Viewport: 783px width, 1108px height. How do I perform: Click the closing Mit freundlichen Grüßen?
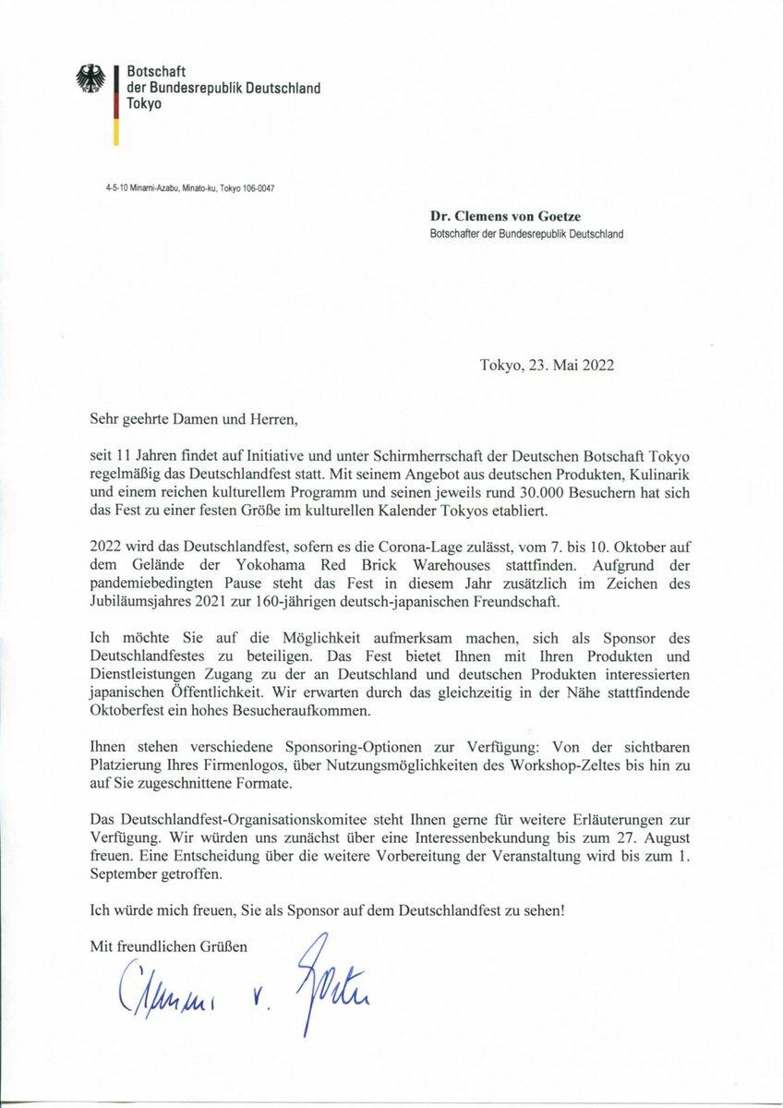click(169, 946)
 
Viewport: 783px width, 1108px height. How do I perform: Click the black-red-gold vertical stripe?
click(116, 104)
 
